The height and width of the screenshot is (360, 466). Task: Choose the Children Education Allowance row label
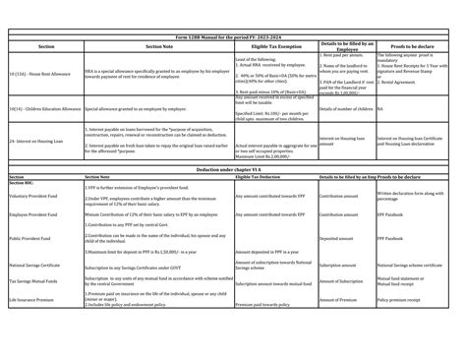tap(44, 110)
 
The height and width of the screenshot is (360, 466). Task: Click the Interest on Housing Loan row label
tap(38, 141)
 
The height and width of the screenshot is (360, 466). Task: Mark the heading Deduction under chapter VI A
tap(232, 170)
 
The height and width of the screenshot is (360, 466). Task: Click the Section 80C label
tap(22, 183)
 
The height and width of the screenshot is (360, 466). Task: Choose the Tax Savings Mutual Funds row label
tap(37, 281)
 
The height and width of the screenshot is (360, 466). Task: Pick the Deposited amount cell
tap(338, 239)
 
